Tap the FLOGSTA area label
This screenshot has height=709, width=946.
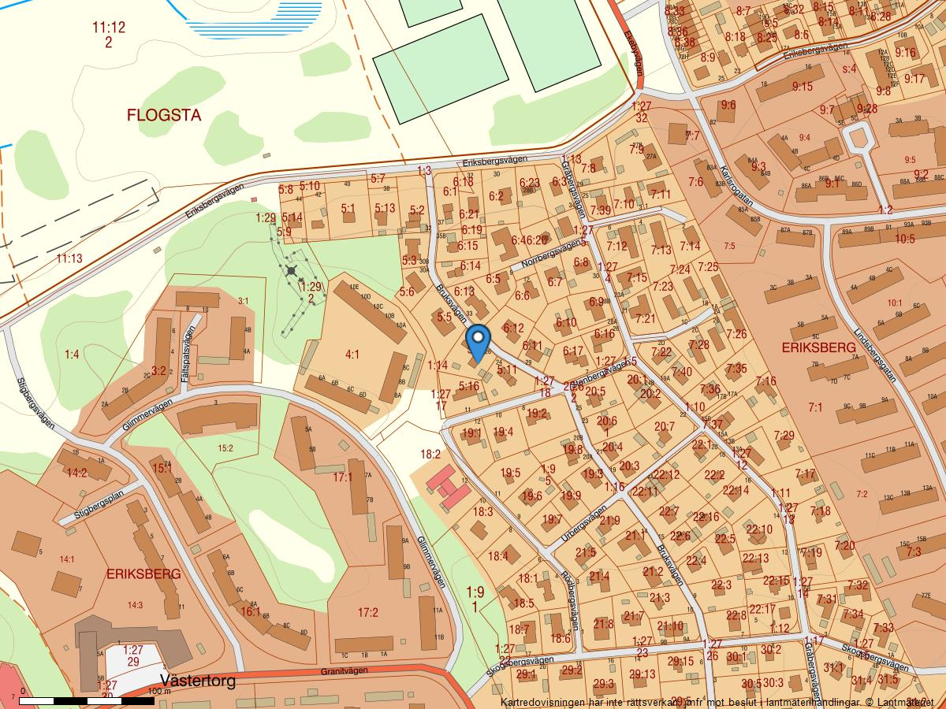164,116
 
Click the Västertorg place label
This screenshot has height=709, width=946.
197,681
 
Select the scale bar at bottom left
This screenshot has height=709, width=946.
87,700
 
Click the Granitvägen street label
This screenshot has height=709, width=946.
345,671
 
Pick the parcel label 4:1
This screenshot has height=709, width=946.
352,354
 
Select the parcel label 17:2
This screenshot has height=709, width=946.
368,612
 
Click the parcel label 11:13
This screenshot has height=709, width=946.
69,258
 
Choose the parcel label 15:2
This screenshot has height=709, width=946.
225,448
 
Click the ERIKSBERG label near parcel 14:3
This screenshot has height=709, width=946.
143,574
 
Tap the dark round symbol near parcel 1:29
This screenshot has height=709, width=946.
292,270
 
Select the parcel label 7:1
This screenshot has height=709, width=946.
814,407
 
